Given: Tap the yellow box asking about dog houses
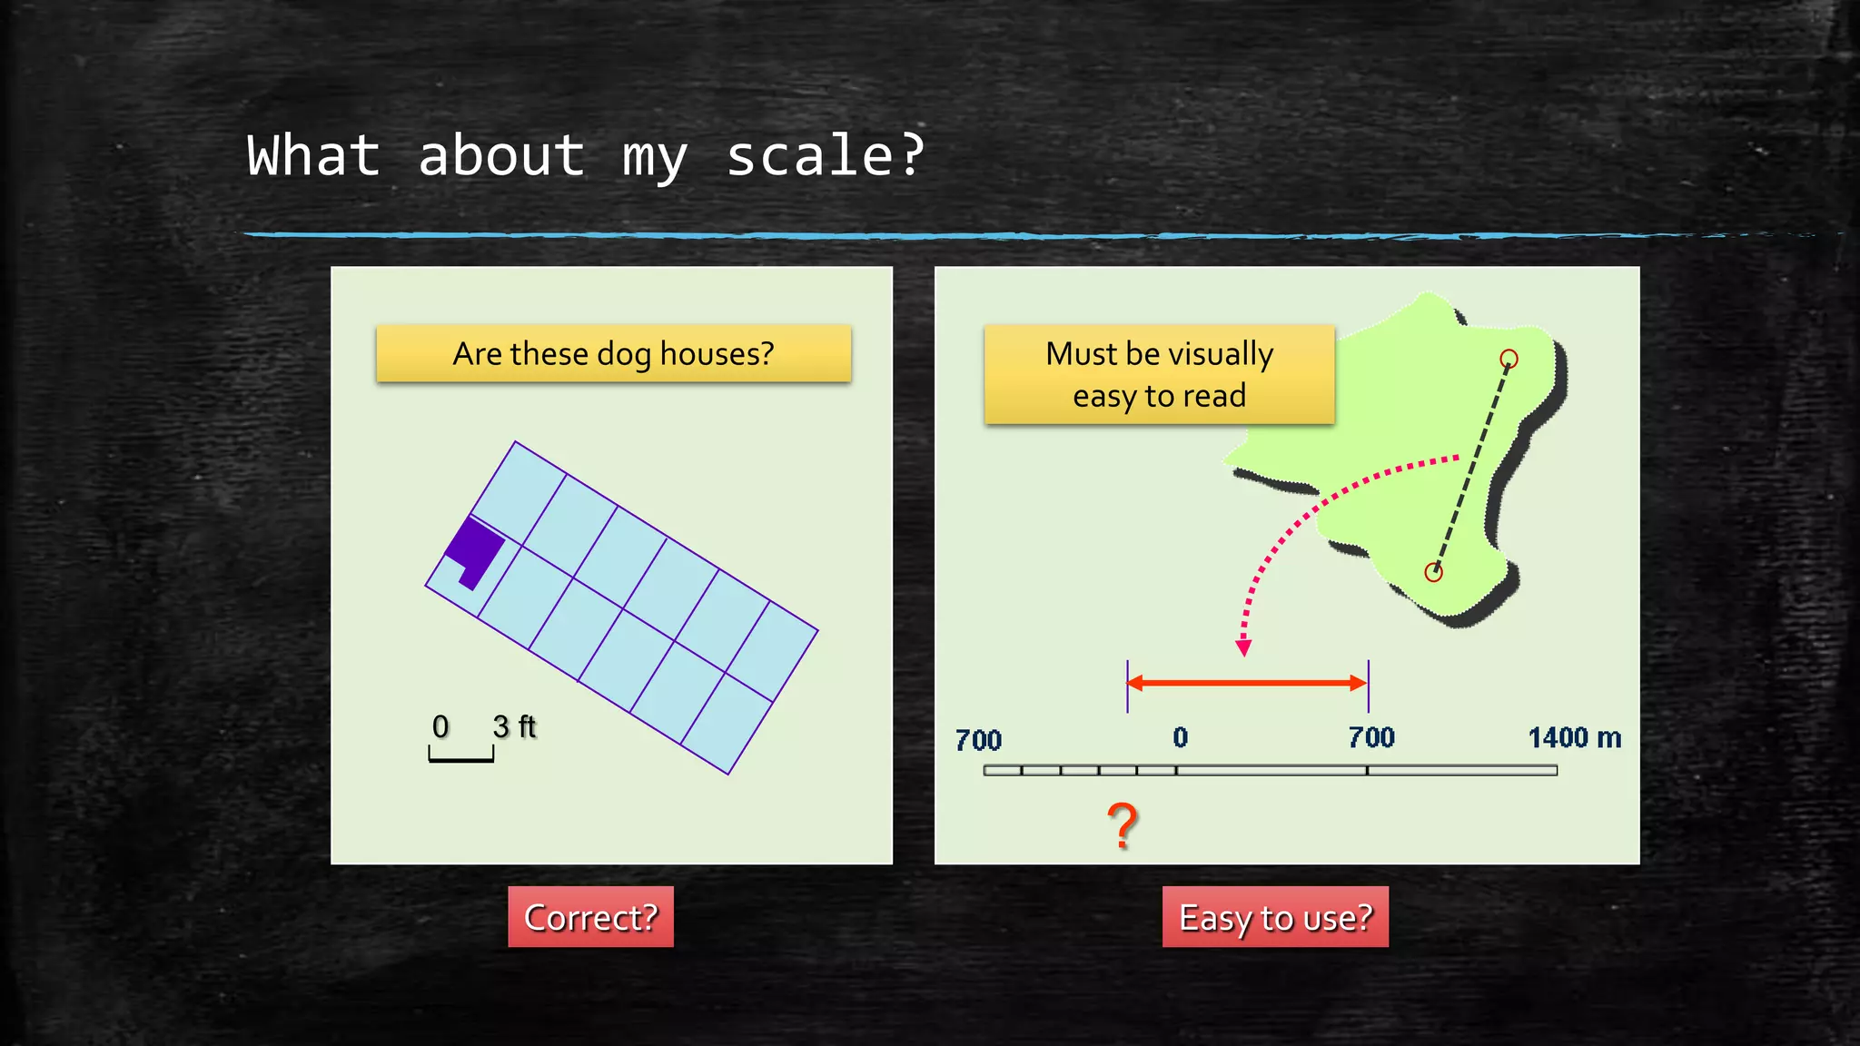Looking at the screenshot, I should click(613, 353).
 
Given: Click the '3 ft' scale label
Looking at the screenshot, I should click(515, 726).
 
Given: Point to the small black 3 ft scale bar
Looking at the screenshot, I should click(461, 756).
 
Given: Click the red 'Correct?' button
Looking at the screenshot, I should click(590, 917).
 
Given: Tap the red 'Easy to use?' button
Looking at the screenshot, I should click(1275, 917).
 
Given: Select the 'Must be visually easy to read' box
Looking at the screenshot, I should click(1159, 374).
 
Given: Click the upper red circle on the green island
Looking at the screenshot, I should click(1509, 359).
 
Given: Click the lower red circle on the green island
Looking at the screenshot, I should click(1433, 572).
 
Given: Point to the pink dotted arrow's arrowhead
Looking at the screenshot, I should click(1243, 647).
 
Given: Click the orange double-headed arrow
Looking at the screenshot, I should click(1247, 683).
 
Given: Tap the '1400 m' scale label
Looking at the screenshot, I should click(1574, 737).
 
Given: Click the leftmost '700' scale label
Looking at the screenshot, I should click(978, 740).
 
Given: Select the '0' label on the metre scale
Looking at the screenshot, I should click(1180, 737).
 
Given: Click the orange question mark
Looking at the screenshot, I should click(1123, 825).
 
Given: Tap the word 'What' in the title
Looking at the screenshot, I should click(312, 156).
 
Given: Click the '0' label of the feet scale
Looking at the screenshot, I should click(440, 726).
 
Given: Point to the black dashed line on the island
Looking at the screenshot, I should click(1471, 465).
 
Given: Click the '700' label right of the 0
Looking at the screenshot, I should click(1371, 737).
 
